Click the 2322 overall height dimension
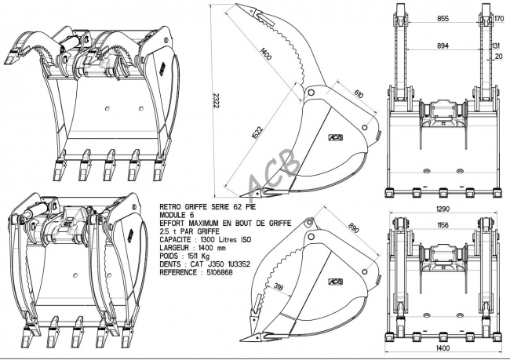[x=216, y=101]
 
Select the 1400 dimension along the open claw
[x=266, y=53]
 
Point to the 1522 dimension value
[x=257, y=133]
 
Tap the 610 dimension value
[x=359, y=93]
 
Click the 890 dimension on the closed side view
[x=354, y=228]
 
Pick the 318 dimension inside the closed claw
[x=279, y=286]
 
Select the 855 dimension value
[x=443, y=19]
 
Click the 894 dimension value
[x=443, y=45]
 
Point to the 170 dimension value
[x=499, y=19]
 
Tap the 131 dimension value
[x=497, y=45]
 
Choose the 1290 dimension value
[x=442, y=209]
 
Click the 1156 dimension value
[x=443, y=225]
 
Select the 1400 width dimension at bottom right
[x=443, y=348]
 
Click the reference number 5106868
[x=220, y=272]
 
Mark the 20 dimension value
[x=498, y=56]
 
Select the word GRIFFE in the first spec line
[x=197, y=207]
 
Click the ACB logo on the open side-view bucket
[x=335, y=137]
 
